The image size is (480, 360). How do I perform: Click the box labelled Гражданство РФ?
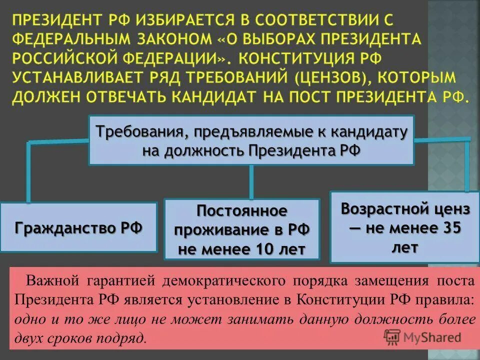coord(78,228)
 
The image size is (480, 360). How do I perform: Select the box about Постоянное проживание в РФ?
coord(241,229)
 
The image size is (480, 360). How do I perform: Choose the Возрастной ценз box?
coord(405,227)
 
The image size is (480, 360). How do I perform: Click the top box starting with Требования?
coord(251,140)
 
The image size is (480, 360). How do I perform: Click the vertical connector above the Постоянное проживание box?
coord(251,182)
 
